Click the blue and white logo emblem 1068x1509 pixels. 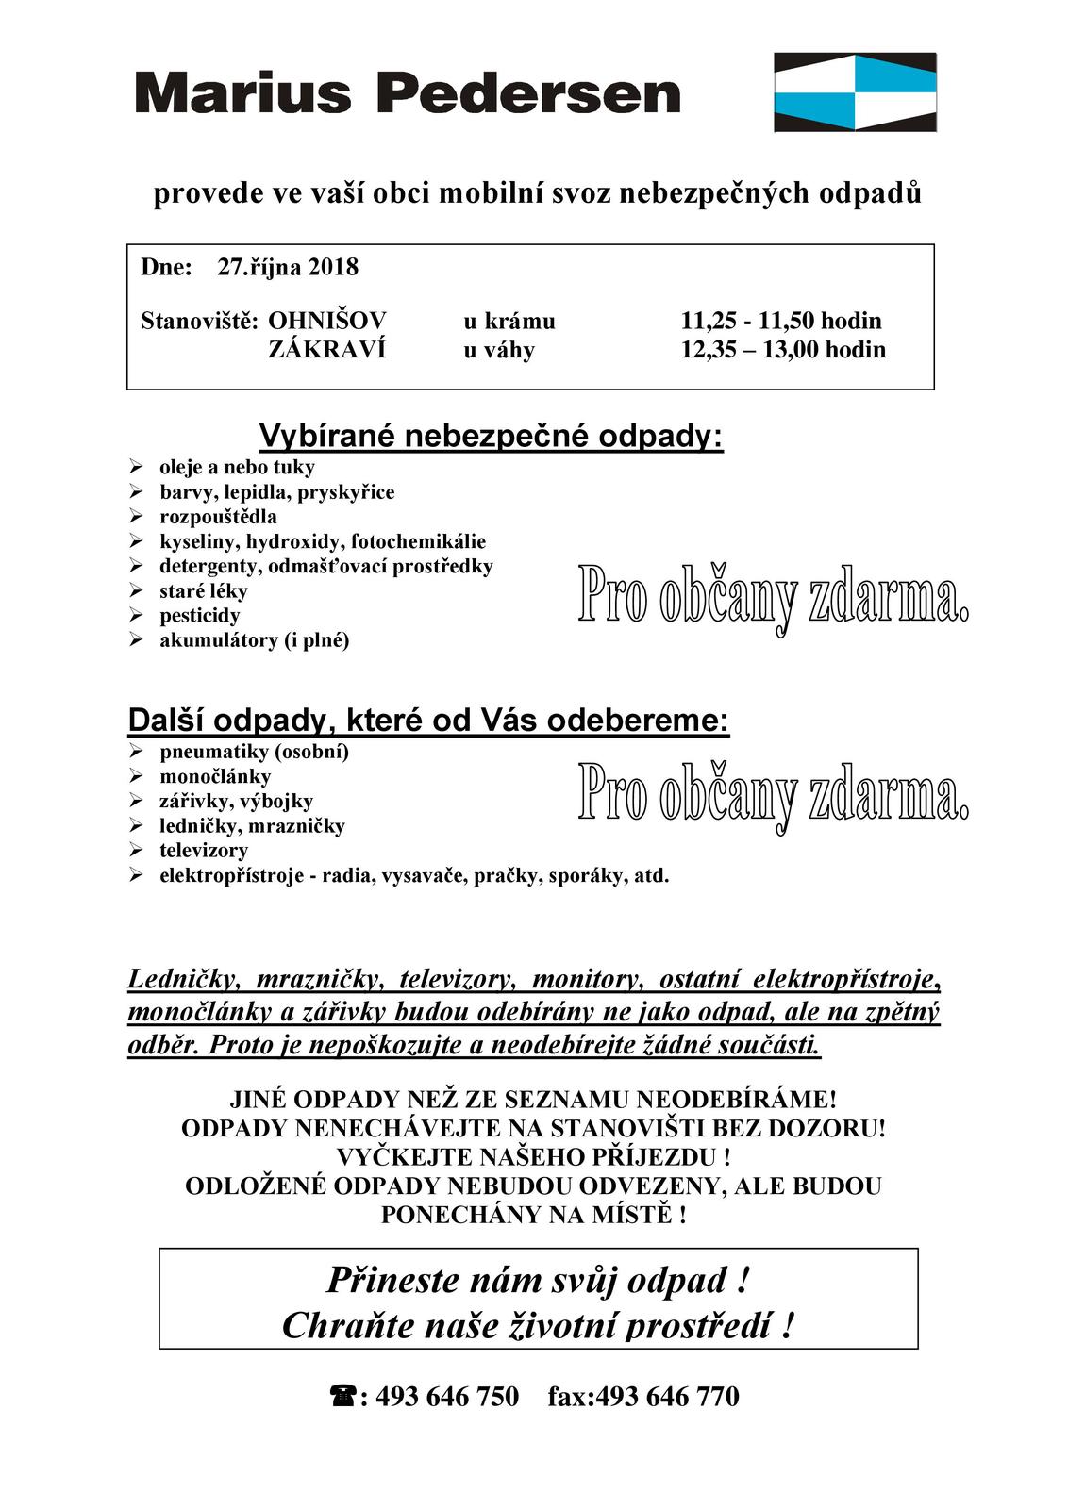tap(855, 91)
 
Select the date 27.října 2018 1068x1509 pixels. tap(288, 267)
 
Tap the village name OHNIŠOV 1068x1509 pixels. tap(327, 321)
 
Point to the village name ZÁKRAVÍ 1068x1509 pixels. tap(326, 350)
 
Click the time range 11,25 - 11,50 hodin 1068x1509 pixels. tap(781, 321)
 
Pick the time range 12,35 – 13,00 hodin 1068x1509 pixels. tap(783, 350)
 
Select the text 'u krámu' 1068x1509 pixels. tap(509, 321)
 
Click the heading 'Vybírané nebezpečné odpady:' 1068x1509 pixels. tap(491, 437)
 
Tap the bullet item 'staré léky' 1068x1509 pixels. tap(203, 591)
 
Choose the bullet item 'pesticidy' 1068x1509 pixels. tap(199, 616)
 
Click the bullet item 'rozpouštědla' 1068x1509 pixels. tap(218, 517)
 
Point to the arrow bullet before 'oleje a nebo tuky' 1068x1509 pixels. tap(136, 467)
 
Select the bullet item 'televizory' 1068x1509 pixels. tap(203, 851)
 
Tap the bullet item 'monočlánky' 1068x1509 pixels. tap(215, 777)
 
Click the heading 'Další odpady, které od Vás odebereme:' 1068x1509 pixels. tap(428, 721)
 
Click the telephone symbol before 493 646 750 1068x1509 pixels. tap(341, 1396)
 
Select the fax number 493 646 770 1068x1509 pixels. tap(668, 1396)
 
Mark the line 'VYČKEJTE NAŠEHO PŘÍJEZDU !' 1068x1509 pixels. tap(533, 1156)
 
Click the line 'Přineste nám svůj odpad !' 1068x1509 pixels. tap(538, 1280)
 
